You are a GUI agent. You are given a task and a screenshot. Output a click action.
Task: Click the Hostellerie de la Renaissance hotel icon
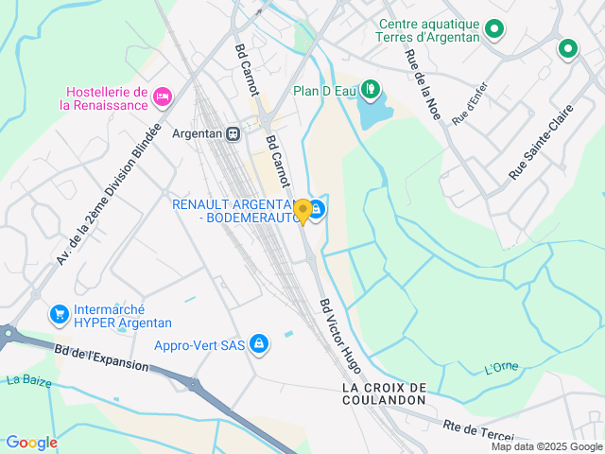[x=163, y=96]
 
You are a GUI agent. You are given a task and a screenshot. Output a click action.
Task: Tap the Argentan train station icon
[x=233, y=133]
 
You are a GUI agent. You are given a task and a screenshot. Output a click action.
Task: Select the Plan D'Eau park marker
[x=371, y=91]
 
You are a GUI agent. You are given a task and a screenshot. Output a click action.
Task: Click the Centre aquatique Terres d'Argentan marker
[x=493, y=31]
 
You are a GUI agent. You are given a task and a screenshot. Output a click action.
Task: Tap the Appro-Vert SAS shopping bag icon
[x=259, y=344]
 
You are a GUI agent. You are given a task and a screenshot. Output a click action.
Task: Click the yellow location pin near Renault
[x=302, y=210]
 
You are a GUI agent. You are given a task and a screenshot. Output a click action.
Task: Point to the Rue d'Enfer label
[x=473, y=106]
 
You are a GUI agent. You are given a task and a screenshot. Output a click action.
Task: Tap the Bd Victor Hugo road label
[x=340, y=335]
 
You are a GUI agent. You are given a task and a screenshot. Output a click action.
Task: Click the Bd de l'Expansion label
[x=101, y=358]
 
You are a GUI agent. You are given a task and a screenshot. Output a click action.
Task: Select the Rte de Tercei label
[x=477, y=429]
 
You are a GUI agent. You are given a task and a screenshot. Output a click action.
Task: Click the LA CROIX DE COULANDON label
[x=385, y=393]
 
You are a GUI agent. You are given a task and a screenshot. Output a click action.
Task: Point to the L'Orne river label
[x=501, y=368]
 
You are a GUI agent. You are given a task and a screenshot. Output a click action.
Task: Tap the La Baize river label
[x=27, y=381]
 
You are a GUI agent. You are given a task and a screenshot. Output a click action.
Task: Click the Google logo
[x=31, y=443]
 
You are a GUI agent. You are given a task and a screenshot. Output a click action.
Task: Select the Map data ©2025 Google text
[x=546, y=446]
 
